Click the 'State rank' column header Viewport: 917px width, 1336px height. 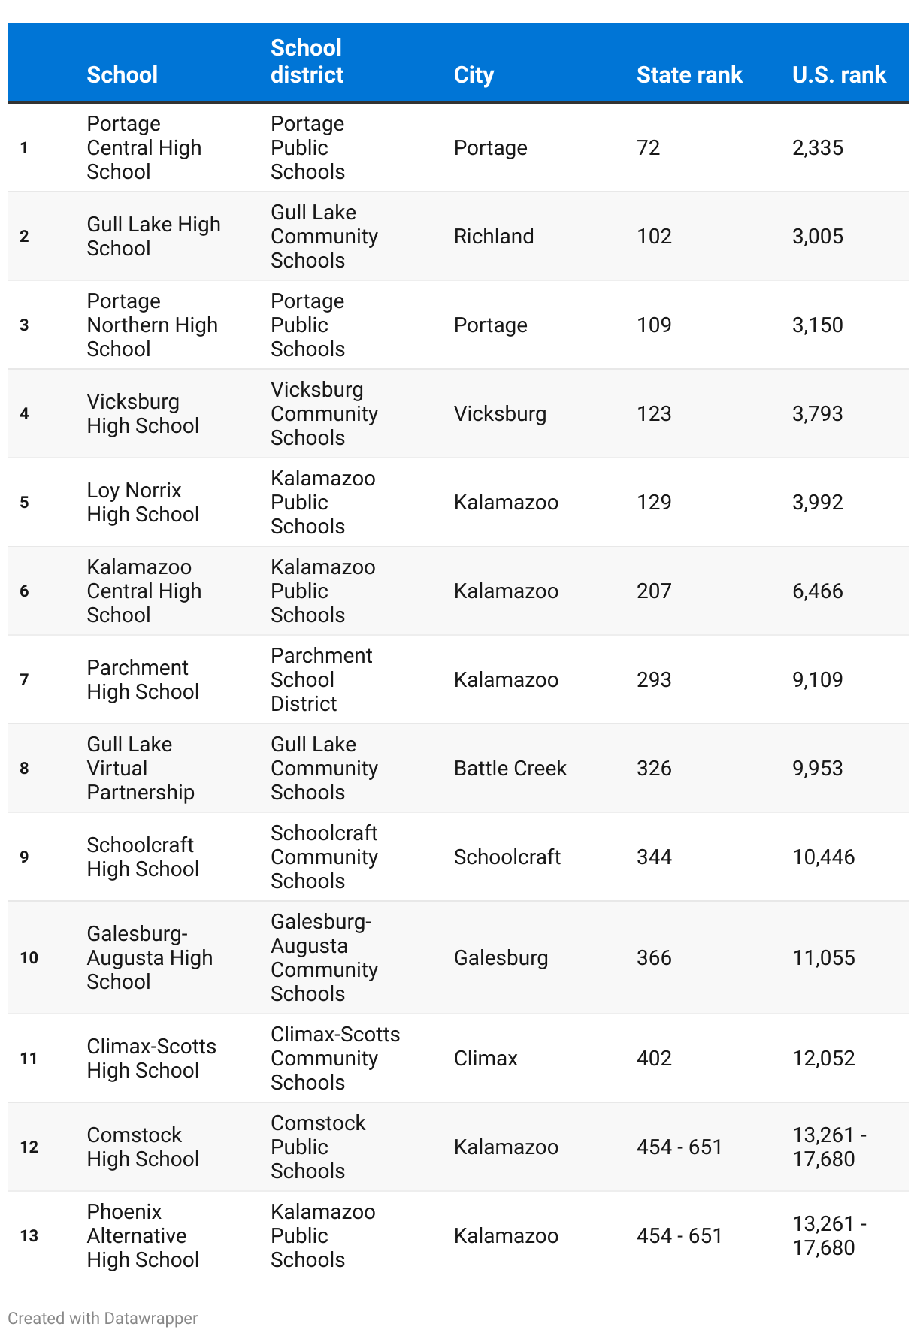689,75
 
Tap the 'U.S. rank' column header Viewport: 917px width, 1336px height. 839,75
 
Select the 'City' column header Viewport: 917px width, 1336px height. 474,75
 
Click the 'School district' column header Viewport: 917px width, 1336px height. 307,62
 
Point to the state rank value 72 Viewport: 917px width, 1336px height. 648,148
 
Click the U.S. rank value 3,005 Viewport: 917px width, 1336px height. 817,237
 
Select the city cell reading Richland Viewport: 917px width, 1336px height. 493,237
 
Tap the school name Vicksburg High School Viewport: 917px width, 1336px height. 143,414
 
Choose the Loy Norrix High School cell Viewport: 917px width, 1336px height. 143,503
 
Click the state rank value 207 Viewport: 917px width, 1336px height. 654,591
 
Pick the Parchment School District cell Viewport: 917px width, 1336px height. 321,680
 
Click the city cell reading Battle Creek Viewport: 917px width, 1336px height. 510,769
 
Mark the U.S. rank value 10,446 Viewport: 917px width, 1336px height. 823,857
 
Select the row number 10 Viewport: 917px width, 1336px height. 29,958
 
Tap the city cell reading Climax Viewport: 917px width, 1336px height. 486,1059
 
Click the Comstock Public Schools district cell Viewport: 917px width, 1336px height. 317,1147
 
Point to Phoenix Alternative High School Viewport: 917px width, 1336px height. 143,1236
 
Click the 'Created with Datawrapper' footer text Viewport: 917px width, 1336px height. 103,1319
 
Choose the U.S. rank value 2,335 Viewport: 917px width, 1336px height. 817,148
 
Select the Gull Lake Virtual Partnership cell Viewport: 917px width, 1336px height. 141,769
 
